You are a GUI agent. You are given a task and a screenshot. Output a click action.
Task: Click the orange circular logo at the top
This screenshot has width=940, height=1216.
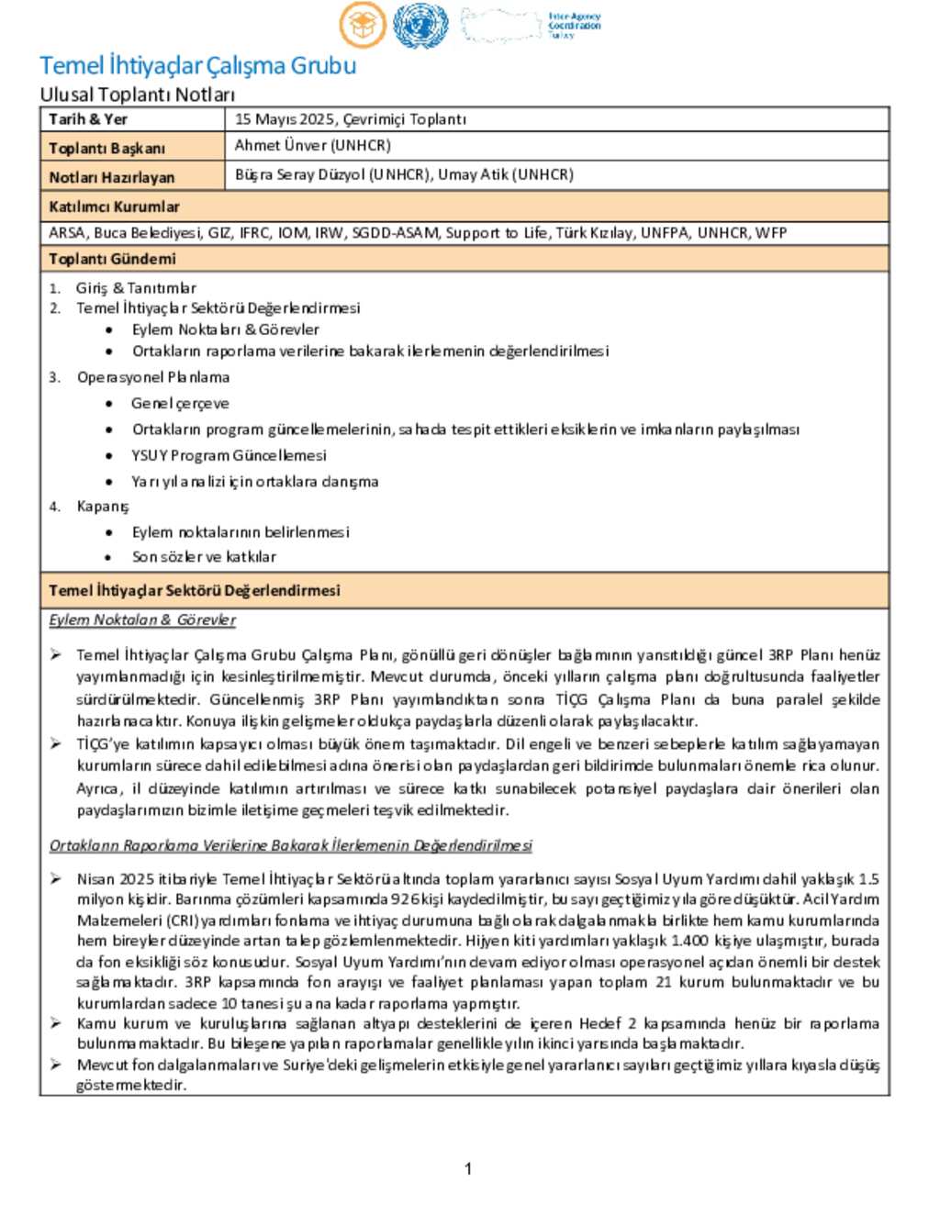click(363, 25)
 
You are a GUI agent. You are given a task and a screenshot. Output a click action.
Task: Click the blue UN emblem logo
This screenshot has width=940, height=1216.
click(420, 26)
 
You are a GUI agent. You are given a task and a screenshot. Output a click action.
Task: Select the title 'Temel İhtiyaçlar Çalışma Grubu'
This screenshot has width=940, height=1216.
click(197, 66)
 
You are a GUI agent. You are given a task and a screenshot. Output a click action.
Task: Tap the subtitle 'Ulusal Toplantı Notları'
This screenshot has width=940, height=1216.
click(137, 95)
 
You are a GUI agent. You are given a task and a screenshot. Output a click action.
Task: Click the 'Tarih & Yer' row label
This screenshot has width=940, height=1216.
click(88, 119)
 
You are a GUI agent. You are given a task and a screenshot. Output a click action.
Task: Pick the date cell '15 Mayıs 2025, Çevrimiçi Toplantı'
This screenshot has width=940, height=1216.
click(351, 119)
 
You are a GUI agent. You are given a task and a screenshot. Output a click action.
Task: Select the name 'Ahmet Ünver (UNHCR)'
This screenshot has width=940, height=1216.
click(312, 146)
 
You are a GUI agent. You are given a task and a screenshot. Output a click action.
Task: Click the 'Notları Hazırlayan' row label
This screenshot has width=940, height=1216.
click(111, 177)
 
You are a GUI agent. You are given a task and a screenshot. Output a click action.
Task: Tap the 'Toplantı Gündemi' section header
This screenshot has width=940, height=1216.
click(112, 259)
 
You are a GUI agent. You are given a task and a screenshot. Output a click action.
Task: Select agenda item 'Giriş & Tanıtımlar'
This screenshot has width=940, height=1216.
click(136, 288)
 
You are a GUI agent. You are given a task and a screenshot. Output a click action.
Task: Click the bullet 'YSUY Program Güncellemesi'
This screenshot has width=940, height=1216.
click(229, 455)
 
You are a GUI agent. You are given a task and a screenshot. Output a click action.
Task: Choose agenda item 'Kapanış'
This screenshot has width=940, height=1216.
click(103, 507)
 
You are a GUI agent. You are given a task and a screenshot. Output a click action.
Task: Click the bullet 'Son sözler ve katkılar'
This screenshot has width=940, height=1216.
click(204, 557)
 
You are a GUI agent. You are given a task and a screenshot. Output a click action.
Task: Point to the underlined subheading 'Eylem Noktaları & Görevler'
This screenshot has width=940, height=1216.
click(142, 620)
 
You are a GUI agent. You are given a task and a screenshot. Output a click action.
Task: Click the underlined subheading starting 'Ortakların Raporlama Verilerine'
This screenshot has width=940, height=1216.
click(290, 845)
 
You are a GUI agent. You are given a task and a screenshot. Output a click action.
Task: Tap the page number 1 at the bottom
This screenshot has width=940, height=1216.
click(468, 1168)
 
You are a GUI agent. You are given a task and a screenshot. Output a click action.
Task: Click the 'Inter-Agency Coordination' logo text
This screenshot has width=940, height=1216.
click(574, 25)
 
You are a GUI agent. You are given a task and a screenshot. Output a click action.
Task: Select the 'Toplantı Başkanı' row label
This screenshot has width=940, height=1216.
click(106, 148)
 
